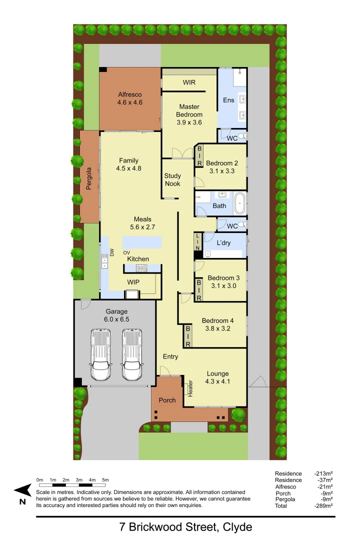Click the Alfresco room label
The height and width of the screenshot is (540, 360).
pyautogui.click(x=130, y=94)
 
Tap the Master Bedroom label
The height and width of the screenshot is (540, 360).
pyautogui.click(x=189, y=106)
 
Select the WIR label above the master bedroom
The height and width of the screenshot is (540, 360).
pyautogui.click(x=189, y=82)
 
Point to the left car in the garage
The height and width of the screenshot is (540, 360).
pyautogui.click(x=100, y=354)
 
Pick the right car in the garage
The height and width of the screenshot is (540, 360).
pyautogui.click(x=132, y=354)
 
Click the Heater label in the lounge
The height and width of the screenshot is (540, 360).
pyautogui.click(x=190, y=389)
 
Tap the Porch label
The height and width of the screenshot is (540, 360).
pyautogui.click(x=167, y=400)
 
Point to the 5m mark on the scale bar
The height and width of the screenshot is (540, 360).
pyautogui.click(x=105, y=480)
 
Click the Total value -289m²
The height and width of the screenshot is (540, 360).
pyautogui.click(x=323, y=506)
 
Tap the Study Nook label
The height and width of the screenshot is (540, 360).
pyautogui.click(x=172, y=179)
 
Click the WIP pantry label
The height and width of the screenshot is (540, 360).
pyautogui.click(x=133, y=282)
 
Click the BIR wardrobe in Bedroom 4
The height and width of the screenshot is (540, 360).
pyautogui.click(x=188, y=336)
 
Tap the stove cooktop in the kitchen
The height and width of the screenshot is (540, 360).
pyautogui.click(x=141, y=268)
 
